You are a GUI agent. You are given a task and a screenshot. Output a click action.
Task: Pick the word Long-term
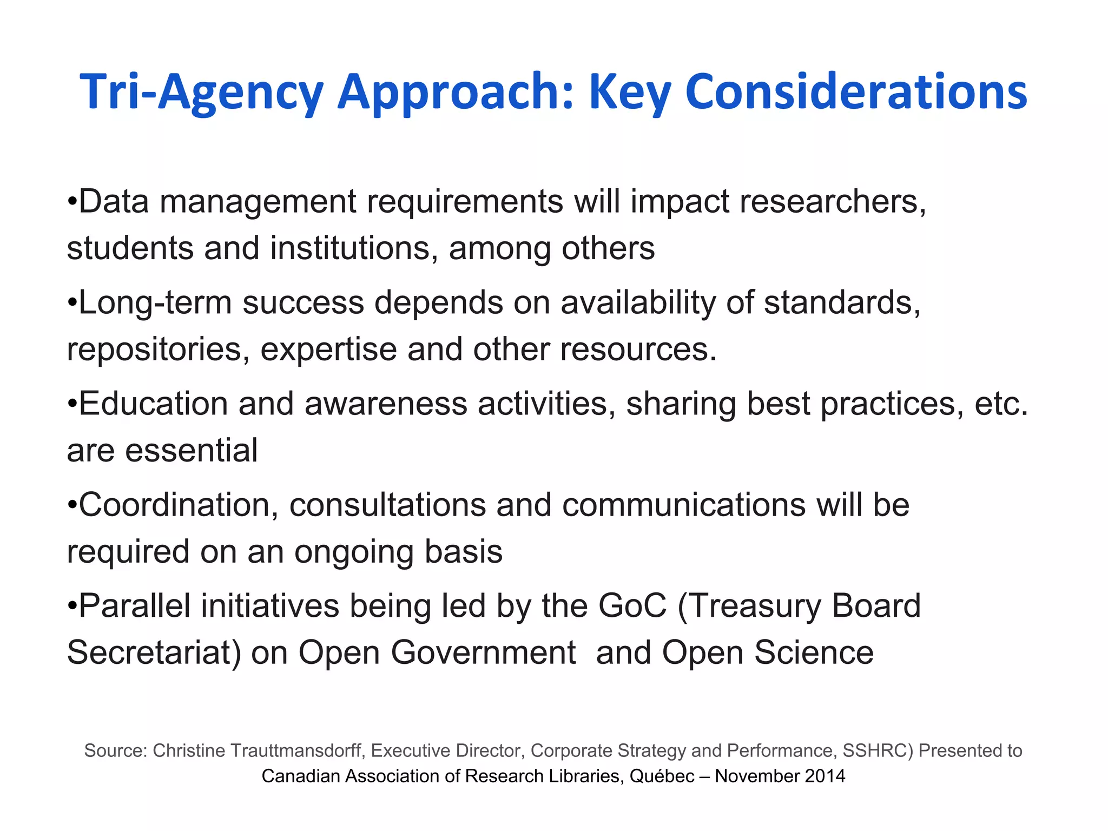[155, 302]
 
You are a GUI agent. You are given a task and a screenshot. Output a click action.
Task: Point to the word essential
[192, 451]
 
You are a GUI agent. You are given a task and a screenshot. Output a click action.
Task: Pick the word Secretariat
[154, 652]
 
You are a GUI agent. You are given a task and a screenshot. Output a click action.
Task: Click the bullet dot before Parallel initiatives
[72, 606]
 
